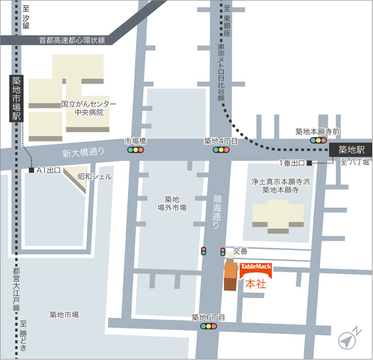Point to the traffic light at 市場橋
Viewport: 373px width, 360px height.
[x=136, y=150]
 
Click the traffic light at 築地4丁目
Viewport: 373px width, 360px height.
[x=220, y=150]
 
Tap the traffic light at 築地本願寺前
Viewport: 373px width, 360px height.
[x=318, y=140]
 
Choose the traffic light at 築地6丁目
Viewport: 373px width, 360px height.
[x=209, y=326]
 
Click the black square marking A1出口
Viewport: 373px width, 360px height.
[x=31, y=170]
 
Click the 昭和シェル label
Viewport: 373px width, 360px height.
[x=94, y=176]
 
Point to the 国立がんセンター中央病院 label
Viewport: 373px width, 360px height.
[x=89, y=108]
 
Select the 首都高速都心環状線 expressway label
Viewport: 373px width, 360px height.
[x=72, y=40]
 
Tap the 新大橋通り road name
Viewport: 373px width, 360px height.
[x=83, y=153]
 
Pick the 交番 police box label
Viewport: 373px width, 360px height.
[x=240, y=251]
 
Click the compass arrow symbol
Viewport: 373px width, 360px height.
[x=348, y=339]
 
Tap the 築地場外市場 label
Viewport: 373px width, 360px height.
[x=172, y=203]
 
